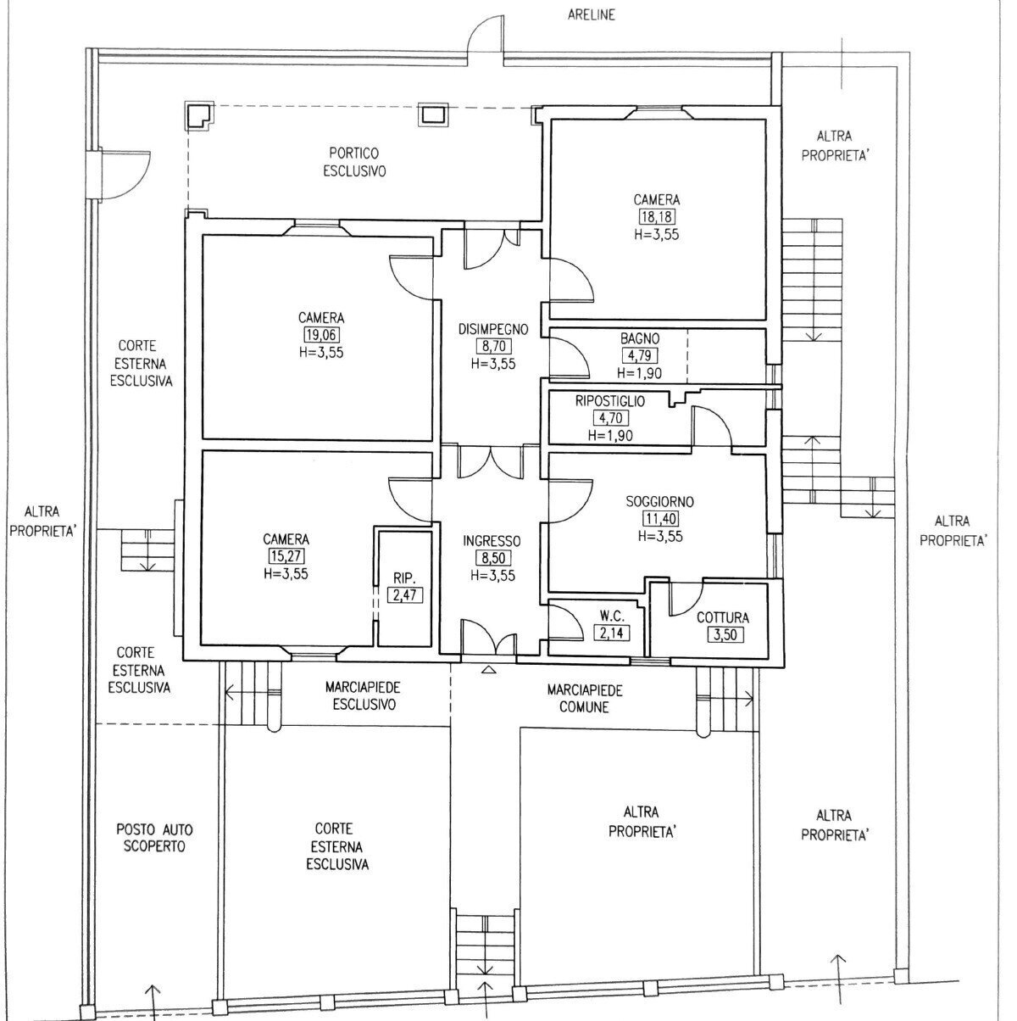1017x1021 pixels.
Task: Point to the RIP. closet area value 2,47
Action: tap(403, 594)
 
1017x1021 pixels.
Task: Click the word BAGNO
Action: tap(639, 338)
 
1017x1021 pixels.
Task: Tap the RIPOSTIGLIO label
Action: tap(609, 401)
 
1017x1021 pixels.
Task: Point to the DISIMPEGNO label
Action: tap(493, 329)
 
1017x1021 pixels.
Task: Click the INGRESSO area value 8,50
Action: tap(492, 558)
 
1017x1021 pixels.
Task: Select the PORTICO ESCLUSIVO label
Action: tap(354, 161)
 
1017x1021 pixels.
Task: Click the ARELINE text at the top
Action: tap(592, 14)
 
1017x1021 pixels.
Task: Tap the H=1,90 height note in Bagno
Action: tap(639, 373)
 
